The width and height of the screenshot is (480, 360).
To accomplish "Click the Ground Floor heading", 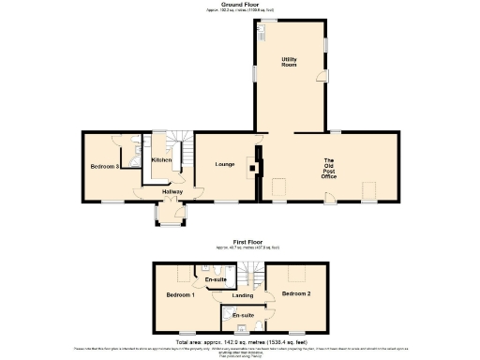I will (240, 4).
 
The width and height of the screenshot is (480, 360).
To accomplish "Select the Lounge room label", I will (224, 165).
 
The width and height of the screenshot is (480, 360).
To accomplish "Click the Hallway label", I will (172, 192).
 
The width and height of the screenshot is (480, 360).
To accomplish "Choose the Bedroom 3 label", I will (104, 167).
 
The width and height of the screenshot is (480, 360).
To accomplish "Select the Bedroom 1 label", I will (180, 295).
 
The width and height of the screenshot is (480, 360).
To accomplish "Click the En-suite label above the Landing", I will (216, 279).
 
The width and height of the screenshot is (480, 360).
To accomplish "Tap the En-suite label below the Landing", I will (243, 315).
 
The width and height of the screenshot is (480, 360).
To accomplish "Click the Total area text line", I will (240, 342).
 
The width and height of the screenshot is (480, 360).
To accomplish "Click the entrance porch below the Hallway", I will (171, 216).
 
